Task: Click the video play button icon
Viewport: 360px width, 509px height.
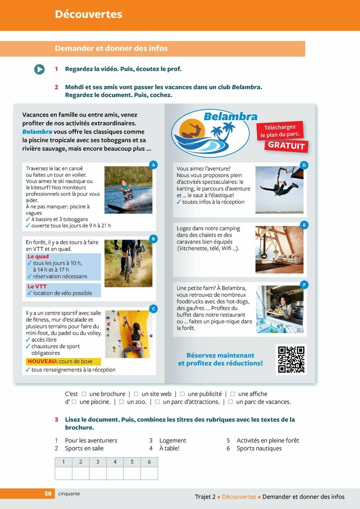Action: coord(39,69)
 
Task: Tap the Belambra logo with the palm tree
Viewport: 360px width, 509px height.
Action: coord(211,133)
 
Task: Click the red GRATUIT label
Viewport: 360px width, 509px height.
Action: coord(287,145)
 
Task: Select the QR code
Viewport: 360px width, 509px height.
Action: coord(291,359)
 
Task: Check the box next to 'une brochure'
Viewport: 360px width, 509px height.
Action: coord(84,394)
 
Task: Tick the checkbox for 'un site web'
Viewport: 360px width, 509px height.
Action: coord(136,394)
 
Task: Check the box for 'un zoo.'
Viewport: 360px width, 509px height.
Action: coord(122,402)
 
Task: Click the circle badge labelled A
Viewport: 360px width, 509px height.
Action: coord(153,165)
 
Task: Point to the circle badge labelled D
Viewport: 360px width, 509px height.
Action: coord(304,165)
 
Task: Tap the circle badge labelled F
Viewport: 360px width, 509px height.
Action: coord(304,285)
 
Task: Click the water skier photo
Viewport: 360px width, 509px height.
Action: coord(128,190)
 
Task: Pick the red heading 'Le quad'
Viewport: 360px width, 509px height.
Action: coord(38,257)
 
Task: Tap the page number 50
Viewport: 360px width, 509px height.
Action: coord(48,494)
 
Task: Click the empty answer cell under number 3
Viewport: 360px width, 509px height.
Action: coord(98,473)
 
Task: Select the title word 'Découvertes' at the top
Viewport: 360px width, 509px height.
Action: coord(89,14)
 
